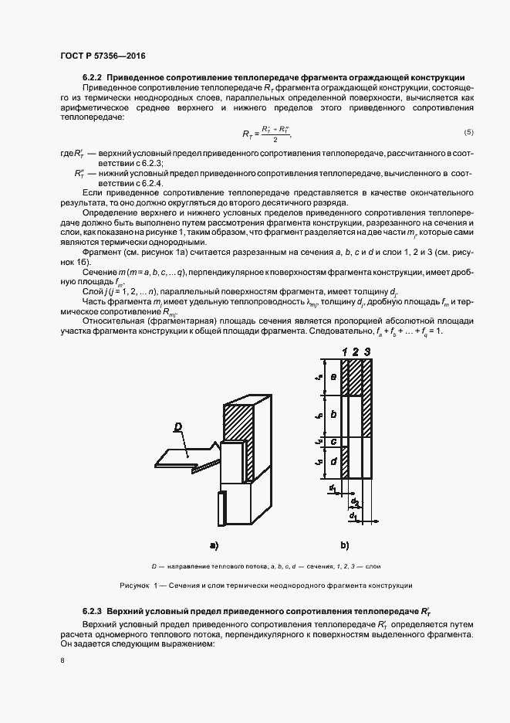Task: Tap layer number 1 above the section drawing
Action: coord(344,353)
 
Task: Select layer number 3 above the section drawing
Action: coord(367,353)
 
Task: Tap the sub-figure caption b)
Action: coord(345,545)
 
